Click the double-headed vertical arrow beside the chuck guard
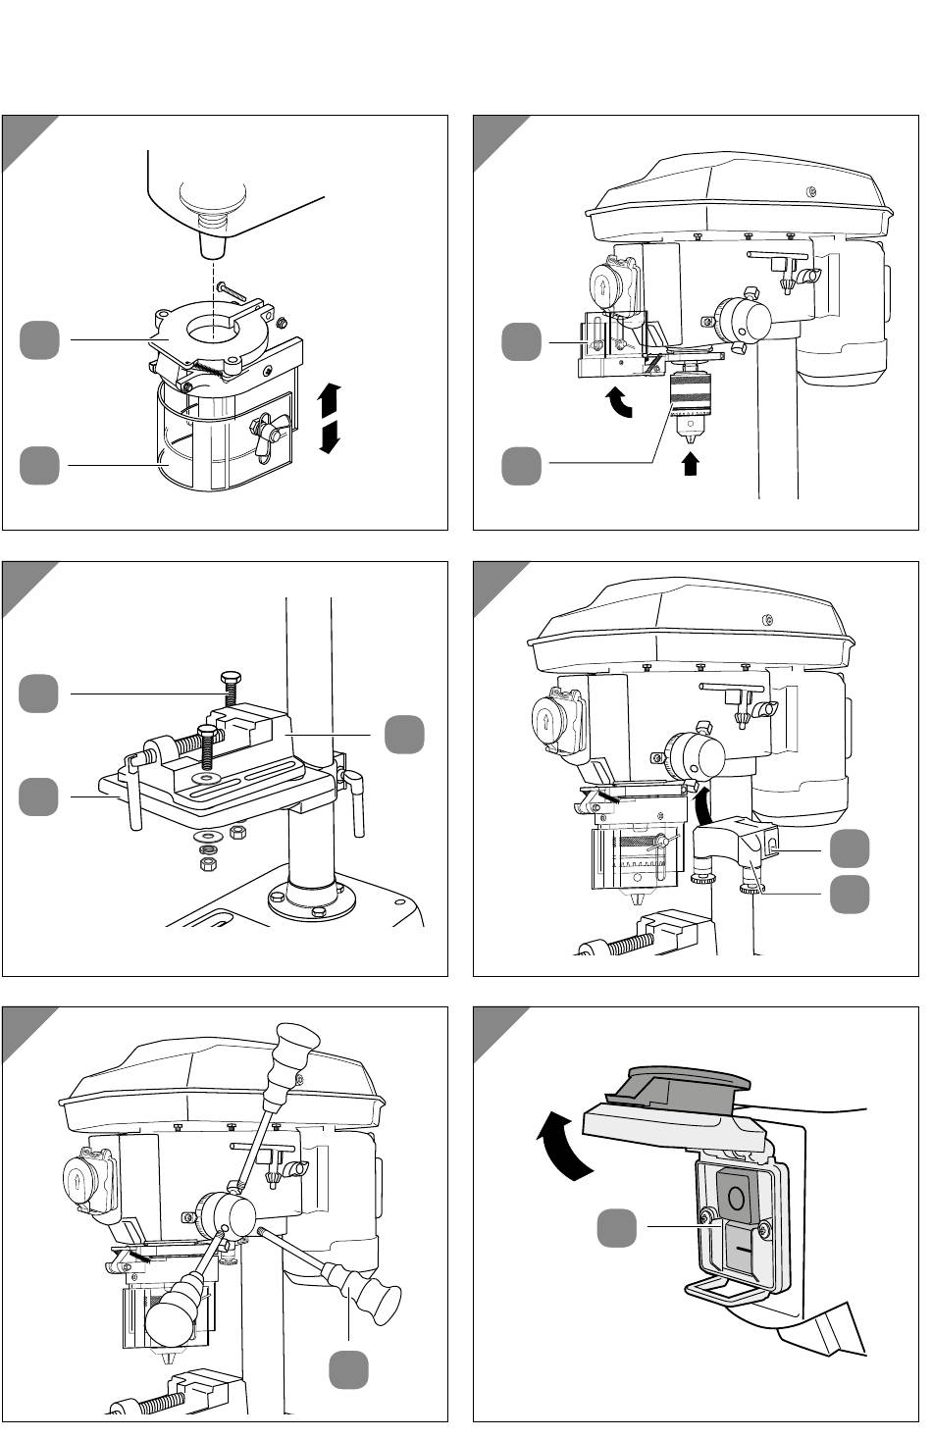click(330, 418)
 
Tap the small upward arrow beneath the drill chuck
click(690, 463)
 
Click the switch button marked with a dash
click(744, 1252)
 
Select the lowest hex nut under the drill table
click(208, 864)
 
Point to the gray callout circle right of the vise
click(404, 735)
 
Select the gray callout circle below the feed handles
click(348, 1369)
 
